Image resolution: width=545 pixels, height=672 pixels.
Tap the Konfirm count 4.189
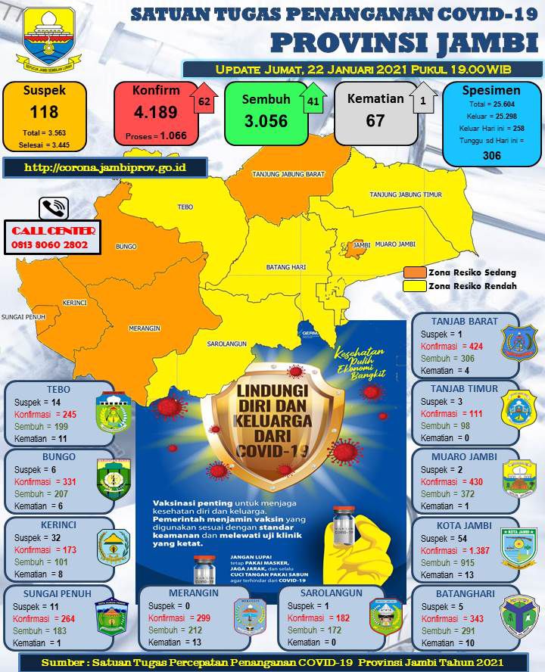pyautogui.click(x=155, y=113)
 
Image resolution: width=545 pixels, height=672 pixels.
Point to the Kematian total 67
pyautogui.click(x=375, y=120)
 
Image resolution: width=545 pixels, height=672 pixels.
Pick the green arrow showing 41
pyautogui.click(x=313, y=101)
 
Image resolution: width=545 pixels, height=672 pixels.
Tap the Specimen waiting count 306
pyautogui.click(x=491, y=155)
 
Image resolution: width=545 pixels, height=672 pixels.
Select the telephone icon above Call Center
pyautogui.click(x=54, y=208)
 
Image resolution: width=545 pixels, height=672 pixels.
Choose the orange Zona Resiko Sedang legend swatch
pyautogui.click(x=414, y=272)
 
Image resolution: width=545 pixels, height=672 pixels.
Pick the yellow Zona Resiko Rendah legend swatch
pyautogui.click(x=414, y=286)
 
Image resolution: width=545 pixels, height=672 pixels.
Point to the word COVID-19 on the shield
pyautogui.click(x=272, y=450)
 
